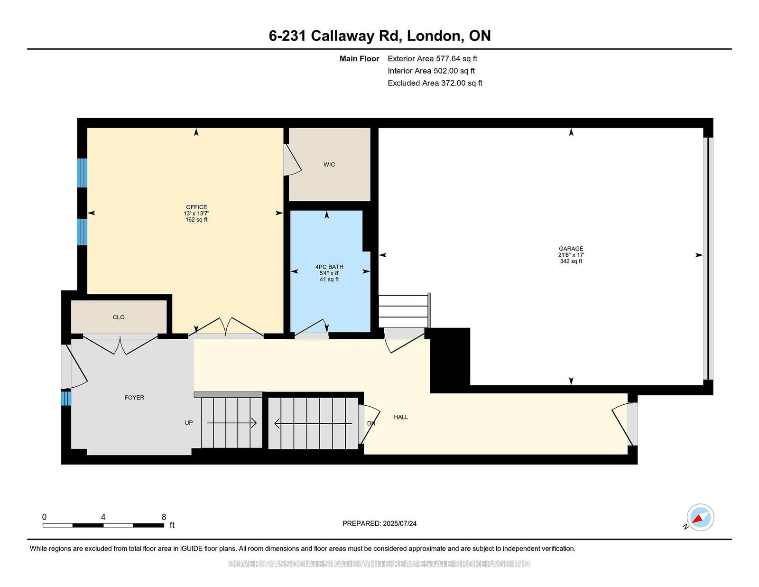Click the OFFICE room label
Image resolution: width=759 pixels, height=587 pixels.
click(x=196, y=207)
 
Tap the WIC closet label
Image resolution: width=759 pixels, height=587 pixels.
click(x=329, y=165)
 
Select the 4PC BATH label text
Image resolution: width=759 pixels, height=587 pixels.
click(x=329, y=267)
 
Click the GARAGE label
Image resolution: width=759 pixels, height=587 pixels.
click(x=571, y=249)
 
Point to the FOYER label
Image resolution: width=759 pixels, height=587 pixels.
click(x=134, y=398)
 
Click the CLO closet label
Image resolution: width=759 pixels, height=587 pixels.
click(x=119, y=317)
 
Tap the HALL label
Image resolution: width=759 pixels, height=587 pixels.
click(x=401, y=417)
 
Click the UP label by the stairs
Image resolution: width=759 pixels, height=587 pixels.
click(x=189, y=423)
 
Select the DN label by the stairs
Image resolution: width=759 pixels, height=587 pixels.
click(x=371, y=423)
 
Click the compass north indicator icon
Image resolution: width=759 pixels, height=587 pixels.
click(x=700, y=517)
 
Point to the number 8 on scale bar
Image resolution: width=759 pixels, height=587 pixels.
click(x=164, y=517)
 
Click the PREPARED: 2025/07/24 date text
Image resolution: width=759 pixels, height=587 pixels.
click(x=379, y=523)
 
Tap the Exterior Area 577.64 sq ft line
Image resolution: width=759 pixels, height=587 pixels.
click(x=432, y=59)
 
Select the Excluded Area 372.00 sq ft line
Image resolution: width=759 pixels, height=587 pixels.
click(x=435, y=83)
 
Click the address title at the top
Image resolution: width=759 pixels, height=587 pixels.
click(x=379, y=36)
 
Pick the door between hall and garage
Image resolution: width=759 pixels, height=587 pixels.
click(x=403, y=339)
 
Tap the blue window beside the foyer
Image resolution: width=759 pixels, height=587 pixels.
click(x=66, y=398)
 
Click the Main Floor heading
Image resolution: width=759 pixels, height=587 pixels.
click(x=359, y=59)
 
